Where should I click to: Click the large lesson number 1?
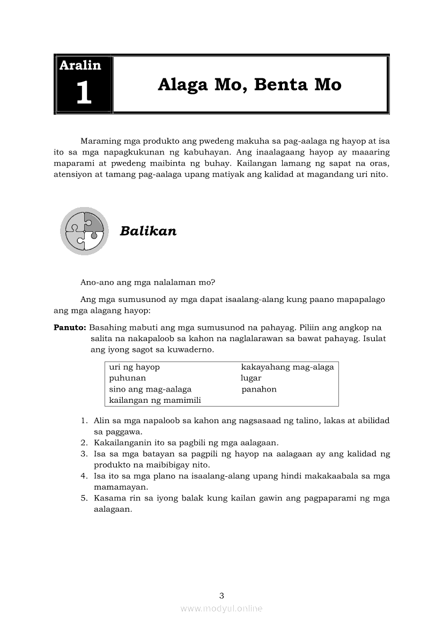coord(84,93)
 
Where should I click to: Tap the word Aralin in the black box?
coord(80,65)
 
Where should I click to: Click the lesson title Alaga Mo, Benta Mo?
coord(249,84)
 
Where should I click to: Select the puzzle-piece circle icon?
coord(84,231)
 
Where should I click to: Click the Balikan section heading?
coord(148,231)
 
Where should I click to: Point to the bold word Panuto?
coord(70,327)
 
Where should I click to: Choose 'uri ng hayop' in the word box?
coord(135,367)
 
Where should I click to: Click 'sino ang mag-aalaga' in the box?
coord(150,389)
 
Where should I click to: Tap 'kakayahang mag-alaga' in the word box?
coord(287,367)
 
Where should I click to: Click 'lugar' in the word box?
coord(251,378)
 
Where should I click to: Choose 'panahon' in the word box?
coord(259,389)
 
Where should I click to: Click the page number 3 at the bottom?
coord(222,595)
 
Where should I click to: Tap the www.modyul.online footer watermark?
coord(222,608)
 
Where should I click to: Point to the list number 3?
coord(84,454)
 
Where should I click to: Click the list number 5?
coord(84,498)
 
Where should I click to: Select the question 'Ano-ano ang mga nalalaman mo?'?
coord(148,283)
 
